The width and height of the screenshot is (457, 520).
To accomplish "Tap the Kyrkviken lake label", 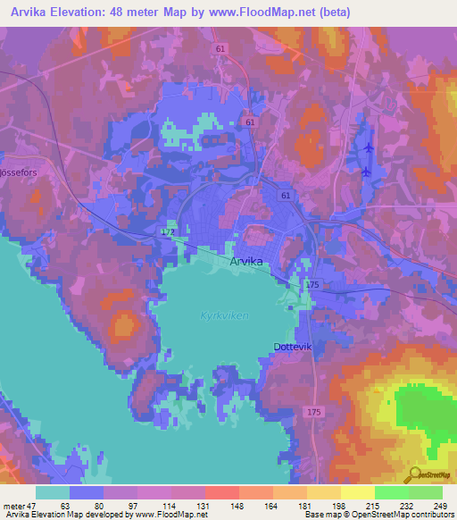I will click(225, 316).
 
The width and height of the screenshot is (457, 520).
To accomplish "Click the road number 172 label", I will click(168, 232).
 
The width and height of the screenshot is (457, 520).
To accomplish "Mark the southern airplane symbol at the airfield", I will click(366, 171).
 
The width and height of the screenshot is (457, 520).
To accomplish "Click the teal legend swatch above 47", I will click(53, 491).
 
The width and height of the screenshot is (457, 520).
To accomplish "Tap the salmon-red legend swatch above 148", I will click(222, 491).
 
